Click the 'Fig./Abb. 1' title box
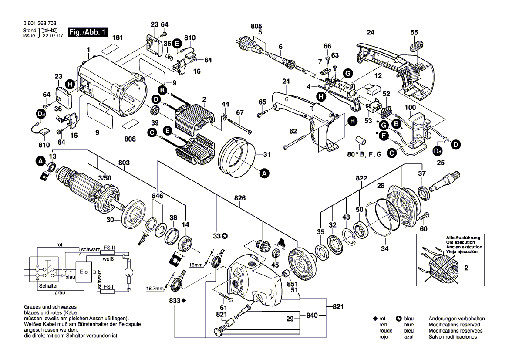pos(87,33)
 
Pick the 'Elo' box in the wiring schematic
pos(84,272)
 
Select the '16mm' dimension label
pos(196,265)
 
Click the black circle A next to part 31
pos(264,173)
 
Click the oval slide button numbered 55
pos(417,44)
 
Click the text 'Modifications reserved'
pos(454,325)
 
